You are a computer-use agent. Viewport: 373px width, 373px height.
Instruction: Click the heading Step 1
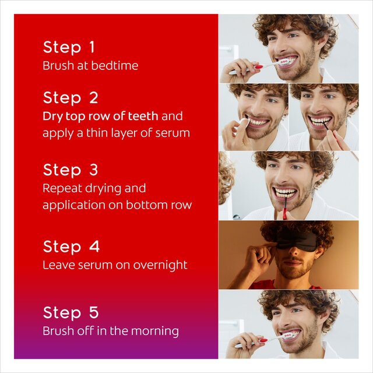click(x=69, y=47)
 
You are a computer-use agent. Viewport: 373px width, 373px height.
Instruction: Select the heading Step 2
click(x=70, y=97)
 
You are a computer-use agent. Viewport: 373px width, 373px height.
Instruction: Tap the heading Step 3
click(x=70, y=170)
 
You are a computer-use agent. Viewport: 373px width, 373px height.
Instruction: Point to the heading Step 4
click(x=70, y=247)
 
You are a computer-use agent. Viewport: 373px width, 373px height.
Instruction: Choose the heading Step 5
click(x=70, y=312)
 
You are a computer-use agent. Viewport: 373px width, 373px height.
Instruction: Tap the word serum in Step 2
click(x=173, y=133)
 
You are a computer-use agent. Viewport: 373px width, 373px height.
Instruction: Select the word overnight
click(x=160, y=265)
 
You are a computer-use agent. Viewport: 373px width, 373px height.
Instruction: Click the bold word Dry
click(x=51, y=116)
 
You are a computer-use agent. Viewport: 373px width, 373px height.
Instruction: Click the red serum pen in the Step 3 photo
click(x=284, y=207)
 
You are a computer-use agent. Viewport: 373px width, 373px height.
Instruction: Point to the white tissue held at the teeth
click(x=244, y=122)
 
